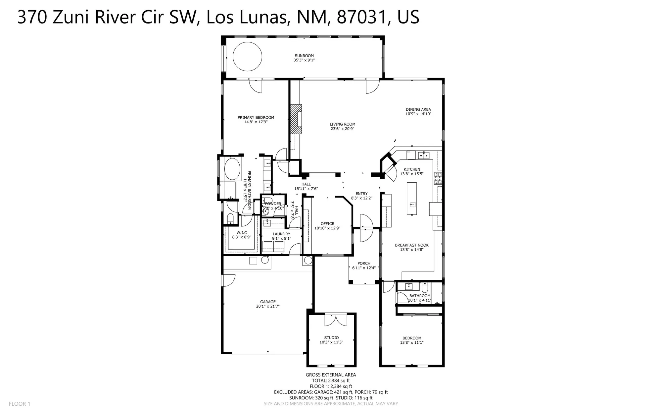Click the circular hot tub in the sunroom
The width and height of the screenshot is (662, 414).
click(x=247, y=56)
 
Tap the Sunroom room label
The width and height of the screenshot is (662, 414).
click(x=304, y=56)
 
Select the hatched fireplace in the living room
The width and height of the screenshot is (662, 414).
click(x=296, y=119)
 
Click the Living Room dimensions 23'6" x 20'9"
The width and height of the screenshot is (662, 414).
click(x=342, y=129)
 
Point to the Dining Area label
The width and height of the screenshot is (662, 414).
click(x=418, y=109)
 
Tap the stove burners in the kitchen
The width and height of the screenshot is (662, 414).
click(x=438, y=178)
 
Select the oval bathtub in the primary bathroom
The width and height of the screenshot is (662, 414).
click(x=232, y=169)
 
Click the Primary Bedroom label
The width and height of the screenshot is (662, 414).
click(x=256, y=117)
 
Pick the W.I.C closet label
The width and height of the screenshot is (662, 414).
click(x=242, y=233)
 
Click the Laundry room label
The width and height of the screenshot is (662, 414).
click(x=281, y=234)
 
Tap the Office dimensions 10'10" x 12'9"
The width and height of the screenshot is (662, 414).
click(x=327, y=228)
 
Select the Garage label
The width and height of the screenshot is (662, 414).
click(x=267, y=302)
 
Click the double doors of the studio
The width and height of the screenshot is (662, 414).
click(x=335, y=320)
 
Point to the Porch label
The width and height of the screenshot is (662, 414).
click(x=364, y=263)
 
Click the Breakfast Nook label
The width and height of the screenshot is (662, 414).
click(x=411, y=245)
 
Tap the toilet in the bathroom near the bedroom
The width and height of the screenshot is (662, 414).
click(x=425, y=287)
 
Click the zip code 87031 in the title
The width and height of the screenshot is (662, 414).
click(x=362, y=17)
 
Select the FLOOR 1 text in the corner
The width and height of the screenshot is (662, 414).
click(x=20, y=404)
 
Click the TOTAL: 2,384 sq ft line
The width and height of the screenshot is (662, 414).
click(x=331, y=381)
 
